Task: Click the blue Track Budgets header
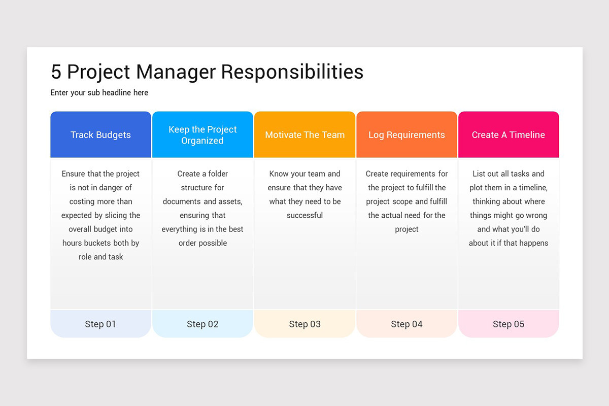[100, 135]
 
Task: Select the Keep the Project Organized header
[202, 135]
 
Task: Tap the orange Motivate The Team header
[304, 135]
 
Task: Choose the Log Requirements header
[407, 135]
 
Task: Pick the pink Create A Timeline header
[509, 135]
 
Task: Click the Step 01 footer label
[100, 324]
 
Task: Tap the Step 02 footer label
[202, 324]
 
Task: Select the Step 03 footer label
[304, 324]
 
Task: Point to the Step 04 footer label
[407, 324]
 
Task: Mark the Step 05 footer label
[509, 324]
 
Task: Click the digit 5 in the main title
[56, 72]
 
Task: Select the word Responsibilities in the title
[292, 72]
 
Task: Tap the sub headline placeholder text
[99, 93]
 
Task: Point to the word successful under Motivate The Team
[304, 215]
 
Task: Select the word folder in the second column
[218, 174]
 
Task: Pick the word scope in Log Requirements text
[402, 201]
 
